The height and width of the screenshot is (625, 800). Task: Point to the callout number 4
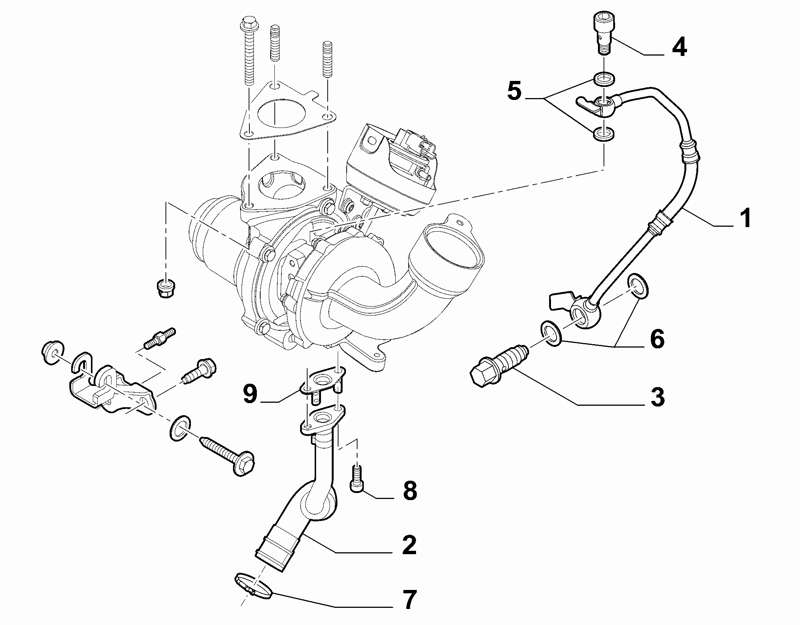coord(679,47)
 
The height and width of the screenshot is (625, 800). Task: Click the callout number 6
coord(657,339)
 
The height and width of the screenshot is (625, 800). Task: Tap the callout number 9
coord(250,394)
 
